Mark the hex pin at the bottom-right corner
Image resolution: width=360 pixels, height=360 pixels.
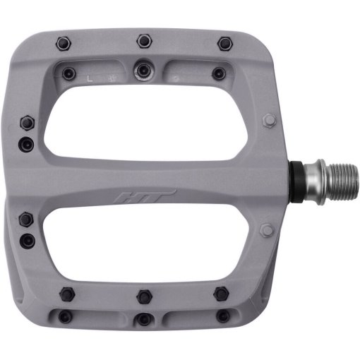tap(221, 293)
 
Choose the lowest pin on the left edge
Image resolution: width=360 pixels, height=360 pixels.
tap(28, 240)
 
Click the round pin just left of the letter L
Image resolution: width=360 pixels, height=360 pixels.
tap(68, 72)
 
